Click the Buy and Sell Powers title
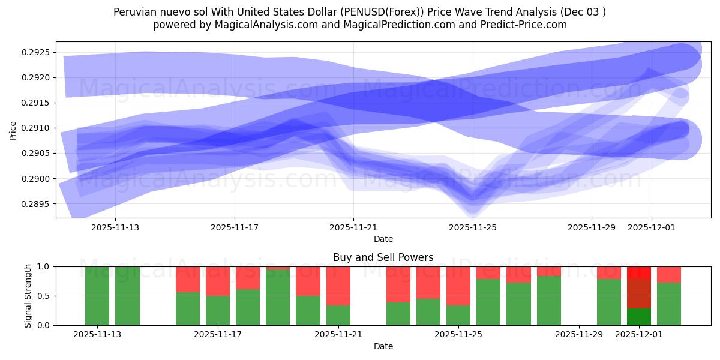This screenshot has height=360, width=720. coord(383,257)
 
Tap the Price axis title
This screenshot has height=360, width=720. coord(13,130)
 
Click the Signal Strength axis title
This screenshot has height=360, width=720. coord(28,296)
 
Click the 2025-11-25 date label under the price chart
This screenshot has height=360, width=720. coord(473,227)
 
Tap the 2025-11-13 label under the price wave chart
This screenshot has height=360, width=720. coord(115,227)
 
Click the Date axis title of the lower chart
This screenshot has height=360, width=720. coord(383,346)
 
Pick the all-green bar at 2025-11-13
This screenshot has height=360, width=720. coord(97,296)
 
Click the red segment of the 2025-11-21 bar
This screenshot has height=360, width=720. coord(338,286)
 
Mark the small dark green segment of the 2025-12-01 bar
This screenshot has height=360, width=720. coord(639,317)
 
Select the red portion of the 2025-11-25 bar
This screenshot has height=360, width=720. coord(458,286)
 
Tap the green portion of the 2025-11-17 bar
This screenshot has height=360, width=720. coord(218,310)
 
